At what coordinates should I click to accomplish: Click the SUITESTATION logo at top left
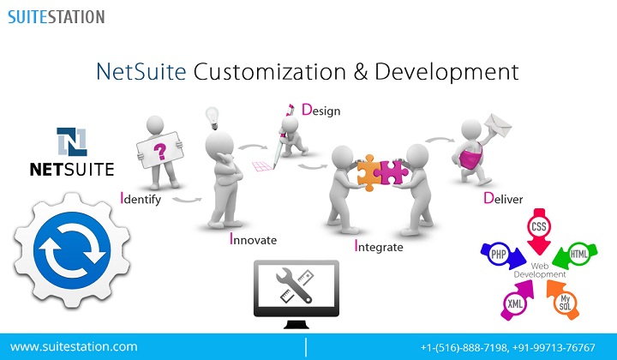click(57, 17)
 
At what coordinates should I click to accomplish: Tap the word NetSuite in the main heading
click(141, 72)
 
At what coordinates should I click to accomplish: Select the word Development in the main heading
click(446, 72)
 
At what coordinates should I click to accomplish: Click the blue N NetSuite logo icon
click(72, 141)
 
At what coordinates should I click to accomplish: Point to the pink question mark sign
click(159, 150)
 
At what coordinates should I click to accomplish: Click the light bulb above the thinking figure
click(213, 117)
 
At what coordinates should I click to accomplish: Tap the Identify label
click(141, 198)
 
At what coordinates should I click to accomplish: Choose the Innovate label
click(253, 239)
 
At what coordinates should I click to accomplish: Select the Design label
click(320, 110)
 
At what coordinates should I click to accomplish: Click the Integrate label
click(379, 246)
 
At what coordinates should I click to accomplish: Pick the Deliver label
click(503, 198)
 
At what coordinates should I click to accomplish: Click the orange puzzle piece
click(369, 173)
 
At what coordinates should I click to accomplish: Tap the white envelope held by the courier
click(498, 125)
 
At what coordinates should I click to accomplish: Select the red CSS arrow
click(539, 231)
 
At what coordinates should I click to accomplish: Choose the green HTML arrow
click(575, 255)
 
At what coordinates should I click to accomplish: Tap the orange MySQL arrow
click(563, 300)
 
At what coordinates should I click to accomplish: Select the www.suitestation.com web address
click(74, 346)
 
